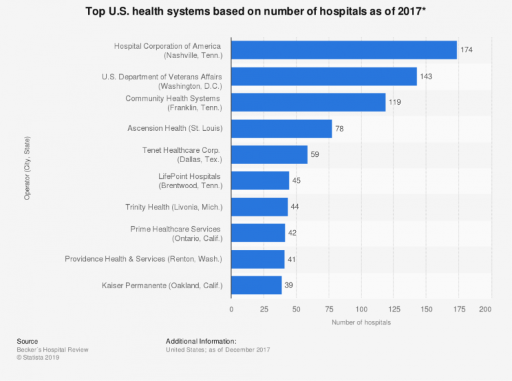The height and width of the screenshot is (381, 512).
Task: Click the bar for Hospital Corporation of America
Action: coord(343,50)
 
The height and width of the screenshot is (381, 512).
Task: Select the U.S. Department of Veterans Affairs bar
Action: coord(323,76)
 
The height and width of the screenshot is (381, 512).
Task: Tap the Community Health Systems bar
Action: coord(308,102)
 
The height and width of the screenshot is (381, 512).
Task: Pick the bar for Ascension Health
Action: coord(281,128)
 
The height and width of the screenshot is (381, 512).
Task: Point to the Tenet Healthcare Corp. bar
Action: coord(269,154)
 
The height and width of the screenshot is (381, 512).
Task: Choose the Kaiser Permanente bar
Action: coord(256,285)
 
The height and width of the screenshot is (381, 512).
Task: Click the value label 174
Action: coord(466,50)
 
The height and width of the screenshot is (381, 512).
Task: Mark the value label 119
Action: coord(395,102)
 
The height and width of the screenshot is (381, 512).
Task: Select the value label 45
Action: coord(297,180)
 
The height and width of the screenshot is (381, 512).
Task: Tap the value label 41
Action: coord(292,259)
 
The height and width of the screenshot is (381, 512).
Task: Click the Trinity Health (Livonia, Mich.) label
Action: coord(174,207)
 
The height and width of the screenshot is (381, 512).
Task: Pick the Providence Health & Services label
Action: coord(143,259)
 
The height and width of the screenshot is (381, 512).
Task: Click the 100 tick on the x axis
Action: coord(361,310)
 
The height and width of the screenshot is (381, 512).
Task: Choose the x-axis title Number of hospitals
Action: coord(361,323)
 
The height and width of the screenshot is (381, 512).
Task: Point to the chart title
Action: coord(256,12)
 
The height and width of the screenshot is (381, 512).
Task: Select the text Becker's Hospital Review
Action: coord(53,350)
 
